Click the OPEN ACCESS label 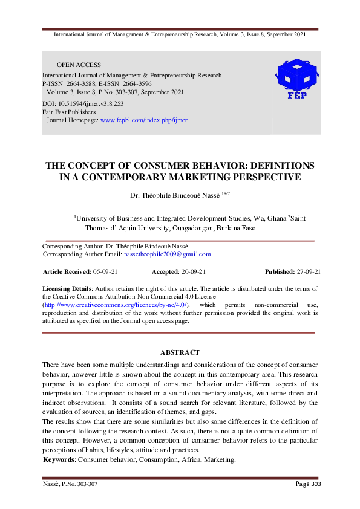(79, 65)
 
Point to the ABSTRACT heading (180, 352)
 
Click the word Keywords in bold (59, 460)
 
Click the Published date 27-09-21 (305, 272)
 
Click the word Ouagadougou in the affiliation (168, 228)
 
